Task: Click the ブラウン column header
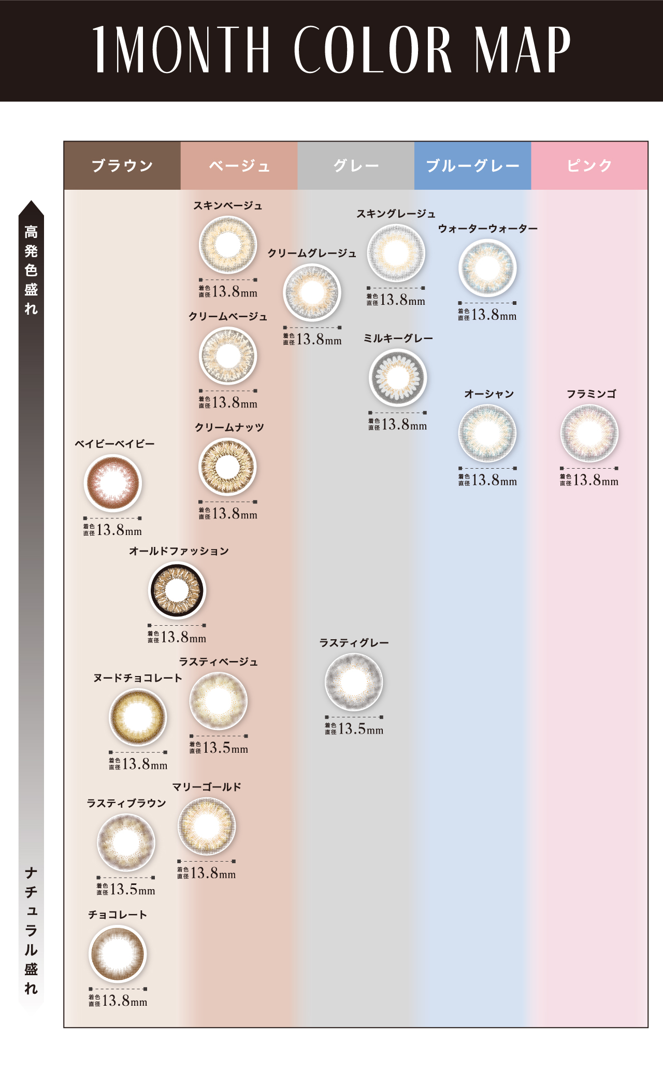pos(122,165)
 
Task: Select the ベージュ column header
pos(239,165)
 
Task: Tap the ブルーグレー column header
pos(473,165)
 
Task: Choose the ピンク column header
pos(589,165)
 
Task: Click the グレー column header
pos(356,165)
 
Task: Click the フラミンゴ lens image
pos(589,433)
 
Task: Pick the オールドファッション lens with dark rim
pos(177,590)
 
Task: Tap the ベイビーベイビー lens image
pos(113,483)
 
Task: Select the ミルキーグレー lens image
pos(398,378)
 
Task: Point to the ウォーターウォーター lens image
pos(487,268)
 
